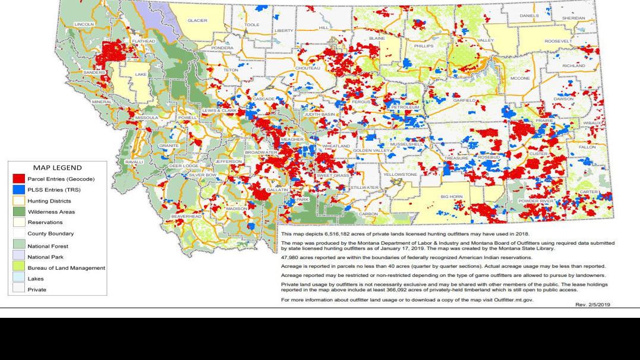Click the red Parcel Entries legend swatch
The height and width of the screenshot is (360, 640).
(x=18, y=179)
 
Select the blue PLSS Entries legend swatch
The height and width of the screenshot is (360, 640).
(x=18, y=190)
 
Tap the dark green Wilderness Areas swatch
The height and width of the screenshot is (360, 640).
(x=18, y=211)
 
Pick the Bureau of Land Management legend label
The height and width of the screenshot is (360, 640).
(x=66, y=268)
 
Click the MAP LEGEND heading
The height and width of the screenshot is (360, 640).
(x=58, y=168)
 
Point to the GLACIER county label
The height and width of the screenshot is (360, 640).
(x=197, y=20)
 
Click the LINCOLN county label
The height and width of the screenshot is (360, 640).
(x=84, y=24)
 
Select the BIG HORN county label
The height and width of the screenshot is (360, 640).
(x=451, y=196)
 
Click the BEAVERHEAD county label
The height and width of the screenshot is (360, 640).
(x=186, y=217)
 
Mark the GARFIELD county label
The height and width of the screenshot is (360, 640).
(x=464, y=100)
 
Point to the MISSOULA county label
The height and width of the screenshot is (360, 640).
(x=147, y=118)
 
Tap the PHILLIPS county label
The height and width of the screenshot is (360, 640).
(x=424, y=45)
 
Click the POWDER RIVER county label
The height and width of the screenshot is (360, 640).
(x=535, y=201)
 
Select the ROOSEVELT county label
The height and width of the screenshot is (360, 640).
(x=559, y=41)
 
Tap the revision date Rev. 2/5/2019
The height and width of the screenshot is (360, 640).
(x=592, y=304)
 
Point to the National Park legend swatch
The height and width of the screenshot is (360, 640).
(x=18, y=257)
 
